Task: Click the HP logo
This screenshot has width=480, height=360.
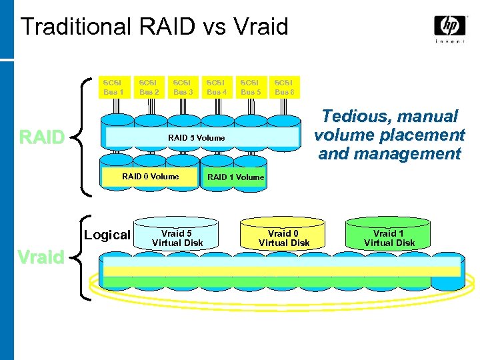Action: point(450,26)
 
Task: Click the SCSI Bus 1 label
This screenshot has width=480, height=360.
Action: point(113,87)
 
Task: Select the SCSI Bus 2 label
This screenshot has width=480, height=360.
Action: point(148,87)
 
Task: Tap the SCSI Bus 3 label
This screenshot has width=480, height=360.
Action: point(183,87)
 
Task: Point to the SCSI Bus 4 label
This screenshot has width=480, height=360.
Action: point(217,87)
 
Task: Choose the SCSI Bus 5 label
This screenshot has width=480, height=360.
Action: point(251,87)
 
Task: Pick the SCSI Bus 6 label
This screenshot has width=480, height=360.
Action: point(285,87)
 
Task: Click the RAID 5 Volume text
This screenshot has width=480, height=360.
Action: point(196,138)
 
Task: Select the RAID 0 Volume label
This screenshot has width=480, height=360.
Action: point(150,177)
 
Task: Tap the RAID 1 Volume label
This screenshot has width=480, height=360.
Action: point(236,177)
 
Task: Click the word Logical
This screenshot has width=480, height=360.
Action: point(107,235)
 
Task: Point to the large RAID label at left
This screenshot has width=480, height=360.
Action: point(42,137)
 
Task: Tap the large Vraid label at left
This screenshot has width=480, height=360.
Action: point(41,257)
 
